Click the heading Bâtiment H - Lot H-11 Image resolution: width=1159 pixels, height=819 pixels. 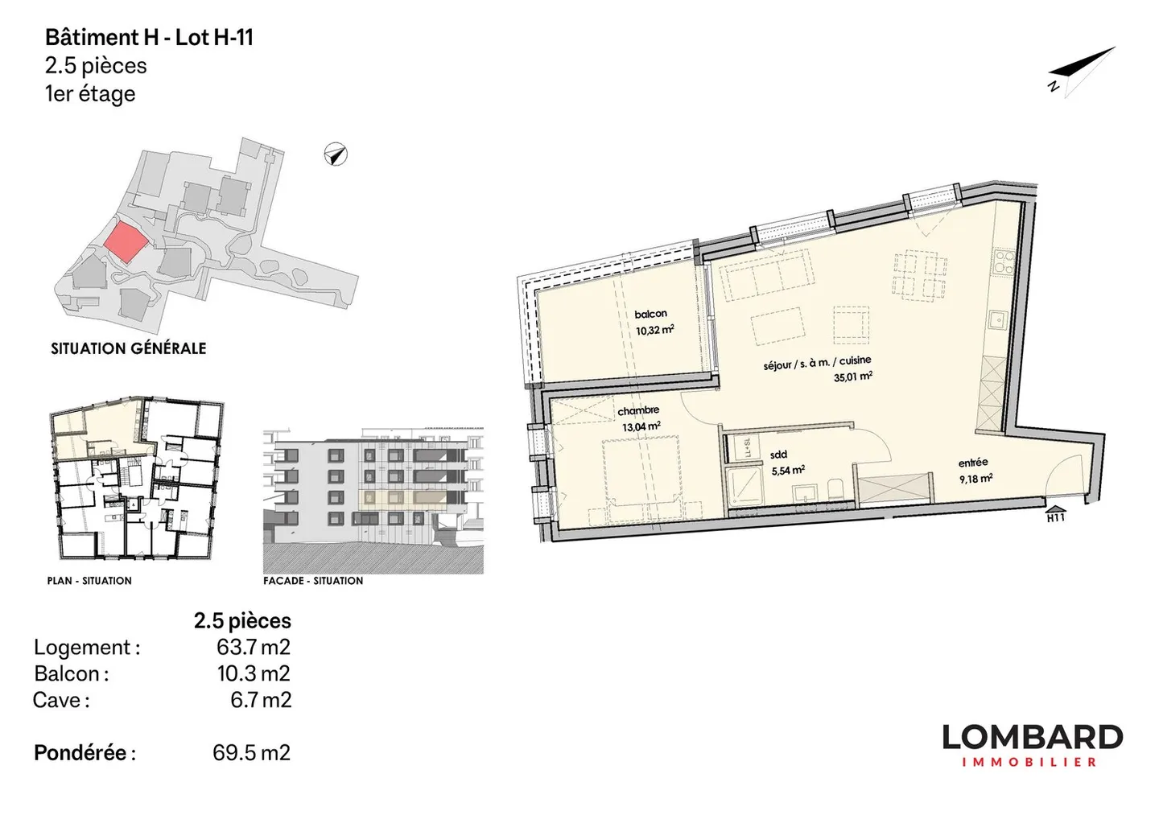click(x=149, y=38)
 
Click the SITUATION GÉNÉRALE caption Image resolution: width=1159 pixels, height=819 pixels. click(x=128, y=348)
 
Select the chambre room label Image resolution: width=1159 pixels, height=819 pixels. click(x=638, y=410)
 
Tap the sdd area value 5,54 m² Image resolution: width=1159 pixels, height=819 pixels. click(x=788, y=471)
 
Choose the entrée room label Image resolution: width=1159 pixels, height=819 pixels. click(x=973, y=463)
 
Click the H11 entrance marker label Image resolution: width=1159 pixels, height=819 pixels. click(x=1056, y=517)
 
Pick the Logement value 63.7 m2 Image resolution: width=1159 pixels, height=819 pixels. click(x=254, y=648)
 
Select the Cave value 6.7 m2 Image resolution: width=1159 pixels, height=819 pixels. click(x=261, y=701)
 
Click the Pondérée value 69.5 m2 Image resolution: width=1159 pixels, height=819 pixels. click(x=251, y=753)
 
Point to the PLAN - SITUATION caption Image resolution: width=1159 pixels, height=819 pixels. click(x=89, y=581)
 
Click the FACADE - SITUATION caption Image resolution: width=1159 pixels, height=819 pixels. click(x=313, y=581)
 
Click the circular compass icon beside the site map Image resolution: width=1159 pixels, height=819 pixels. click(x=336, y=154)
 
